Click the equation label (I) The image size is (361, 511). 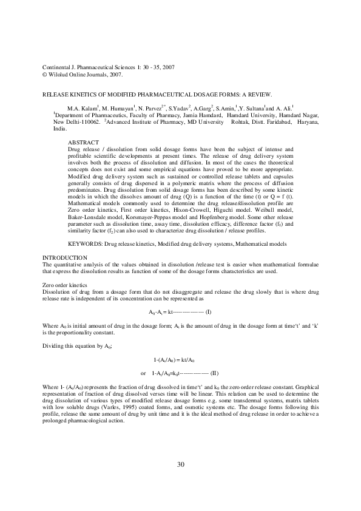point(208,311)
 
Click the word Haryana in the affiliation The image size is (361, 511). point(308,121)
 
